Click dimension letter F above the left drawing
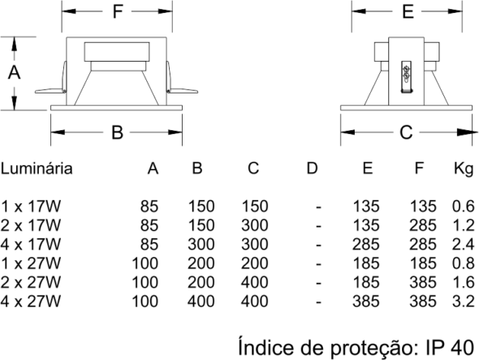[118, 11]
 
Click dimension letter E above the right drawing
[408, 11]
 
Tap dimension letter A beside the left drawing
[14, 73]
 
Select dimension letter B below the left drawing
[117, 132]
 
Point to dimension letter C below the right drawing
[406, 132]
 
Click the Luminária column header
[37, 168]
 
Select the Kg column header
[464, 169]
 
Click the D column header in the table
[312, 168]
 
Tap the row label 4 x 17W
[31, 244]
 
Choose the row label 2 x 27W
[31, 282]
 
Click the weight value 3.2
[463, 301]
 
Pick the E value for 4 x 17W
[366, 244]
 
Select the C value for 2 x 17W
[255, 225]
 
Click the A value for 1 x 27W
[145, 263]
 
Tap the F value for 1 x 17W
[422, 206]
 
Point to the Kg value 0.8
[463, 263]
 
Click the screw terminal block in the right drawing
[406, 76]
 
